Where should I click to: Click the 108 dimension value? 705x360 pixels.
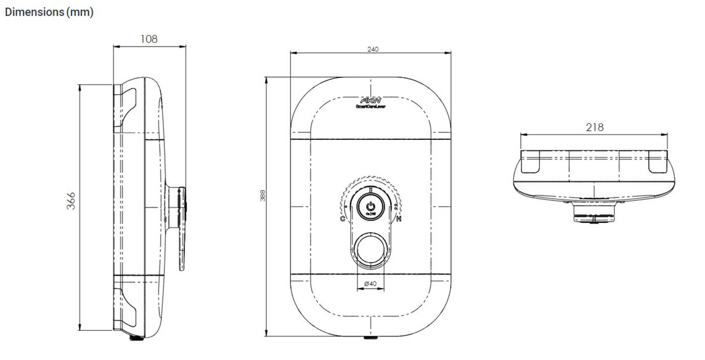(x=149, y=39)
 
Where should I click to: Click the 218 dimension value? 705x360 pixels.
(x=595, y=127)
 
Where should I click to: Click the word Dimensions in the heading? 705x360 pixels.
(x=34, y=12)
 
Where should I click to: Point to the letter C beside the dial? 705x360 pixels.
(x=343, y=219)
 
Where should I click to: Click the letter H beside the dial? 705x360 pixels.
(x=398, y=219)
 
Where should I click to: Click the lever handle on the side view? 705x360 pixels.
(x=182, y=226)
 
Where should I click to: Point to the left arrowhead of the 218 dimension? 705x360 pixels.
(x=522, y=135)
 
